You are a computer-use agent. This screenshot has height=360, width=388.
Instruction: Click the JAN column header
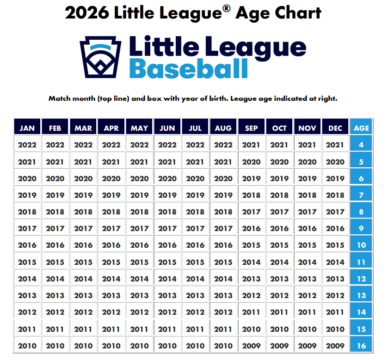pyautogui.click(x=27, y=128)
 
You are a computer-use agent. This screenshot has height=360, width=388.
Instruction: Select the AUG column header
pyautogui.click(x=223, y=128)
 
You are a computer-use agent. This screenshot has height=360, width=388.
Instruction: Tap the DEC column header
pyautogui.click(x=335, y=128)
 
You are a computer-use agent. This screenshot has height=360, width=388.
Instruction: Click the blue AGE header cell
pyautogui.click(x=361, y=128)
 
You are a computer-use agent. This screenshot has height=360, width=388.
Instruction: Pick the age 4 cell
pyautogui.click(x=361, y=145)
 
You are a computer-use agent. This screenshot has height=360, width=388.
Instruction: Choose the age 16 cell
pyautogui.click(x=361, y=345)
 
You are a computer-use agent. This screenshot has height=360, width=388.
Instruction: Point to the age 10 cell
pyautogui.click(x=361, y=245)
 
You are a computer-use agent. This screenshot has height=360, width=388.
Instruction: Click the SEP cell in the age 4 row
pyautogui.click(x=251, y=145)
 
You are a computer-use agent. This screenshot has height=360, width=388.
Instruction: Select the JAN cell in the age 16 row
pyautogui.click(x=27, y=345)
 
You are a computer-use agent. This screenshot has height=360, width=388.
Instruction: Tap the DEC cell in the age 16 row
pyautogui.click(x=335, y=345)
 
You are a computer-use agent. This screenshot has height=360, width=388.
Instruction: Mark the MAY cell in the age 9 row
pyautogui.click(x=139, y=228)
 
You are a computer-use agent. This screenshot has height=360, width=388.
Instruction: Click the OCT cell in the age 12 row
pyautogui.click(x=279, y=279)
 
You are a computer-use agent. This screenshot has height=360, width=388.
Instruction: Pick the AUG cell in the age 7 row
pyautogui.click(x=223, y=195)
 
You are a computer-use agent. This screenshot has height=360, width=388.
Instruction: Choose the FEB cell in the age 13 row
pyautogui.click(x=55, y=295)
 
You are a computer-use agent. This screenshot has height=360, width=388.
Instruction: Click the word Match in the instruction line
pyautogui.click(x=60, y=98)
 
